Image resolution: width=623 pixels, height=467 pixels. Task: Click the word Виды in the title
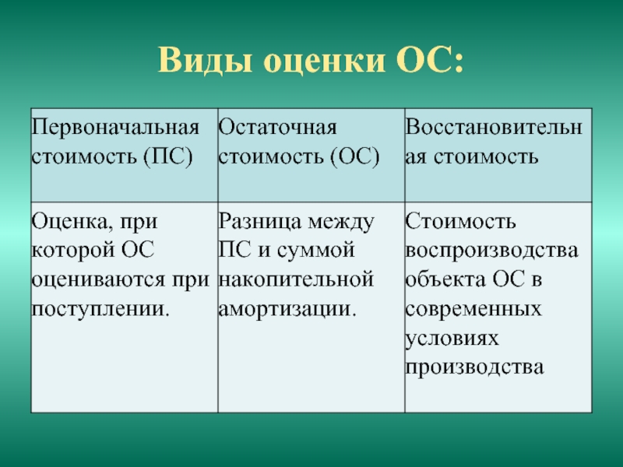point(205,61)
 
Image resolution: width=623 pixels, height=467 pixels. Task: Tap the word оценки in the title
point(325,61)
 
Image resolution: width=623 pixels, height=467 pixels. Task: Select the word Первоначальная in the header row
point(115,128)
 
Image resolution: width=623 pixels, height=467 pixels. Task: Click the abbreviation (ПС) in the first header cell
point(168,156)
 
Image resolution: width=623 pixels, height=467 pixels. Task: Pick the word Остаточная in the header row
point(277,128)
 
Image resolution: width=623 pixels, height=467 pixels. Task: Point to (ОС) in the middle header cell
point(355,156)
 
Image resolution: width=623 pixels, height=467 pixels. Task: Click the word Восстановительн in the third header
point(494,128)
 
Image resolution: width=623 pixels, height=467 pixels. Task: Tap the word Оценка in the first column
point(69,222)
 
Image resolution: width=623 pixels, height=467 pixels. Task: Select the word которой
point(73,251)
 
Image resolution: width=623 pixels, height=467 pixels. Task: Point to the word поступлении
point(100,308)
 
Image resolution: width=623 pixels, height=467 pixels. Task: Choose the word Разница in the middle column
point(260,222)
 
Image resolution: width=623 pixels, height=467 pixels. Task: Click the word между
point(341,222)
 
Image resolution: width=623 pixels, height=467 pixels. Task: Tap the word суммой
point(315,251)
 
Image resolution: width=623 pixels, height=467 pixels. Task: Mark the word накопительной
point(296,279)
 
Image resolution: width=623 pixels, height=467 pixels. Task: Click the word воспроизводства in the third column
point(492,251)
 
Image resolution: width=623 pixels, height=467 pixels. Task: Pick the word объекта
point(445,279)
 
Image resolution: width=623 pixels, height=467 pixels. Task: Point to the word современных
point(473,308)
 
